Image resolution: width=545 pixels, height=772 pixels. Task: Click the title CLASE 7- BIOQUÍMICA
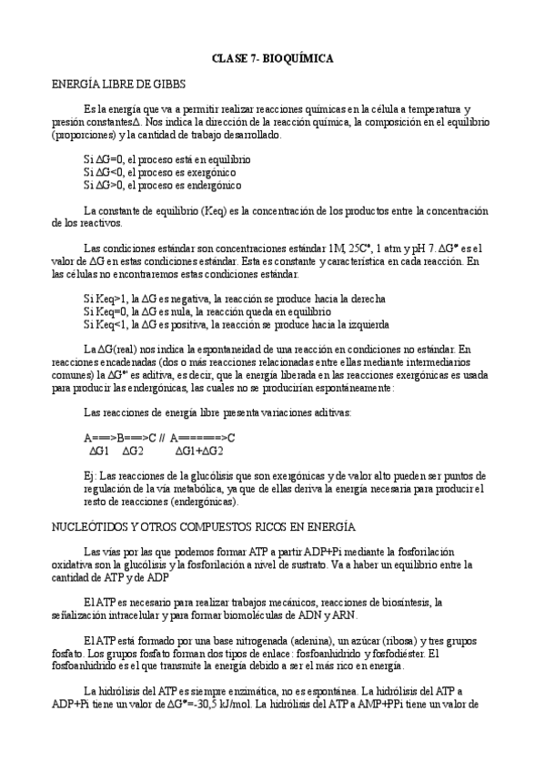(272, 58)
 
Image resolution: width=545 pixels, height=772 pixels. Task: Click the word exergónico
(211, 171)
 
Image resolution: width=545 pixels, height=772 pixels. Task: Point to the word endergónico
(214, 185)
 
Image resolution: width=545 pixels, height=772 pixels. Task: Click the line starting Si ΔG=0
(167, 158)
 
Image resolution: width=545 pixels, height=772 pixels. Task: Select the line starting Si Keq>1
(234, 298)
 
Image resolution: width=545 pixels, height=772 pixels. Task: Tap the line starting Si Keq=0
(207, 310)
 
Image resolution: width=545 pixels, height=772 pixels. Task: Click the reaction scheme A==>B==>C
(120, 436)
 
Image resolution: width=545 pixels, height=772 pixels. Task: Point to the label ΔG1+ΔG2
(199, 450)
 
